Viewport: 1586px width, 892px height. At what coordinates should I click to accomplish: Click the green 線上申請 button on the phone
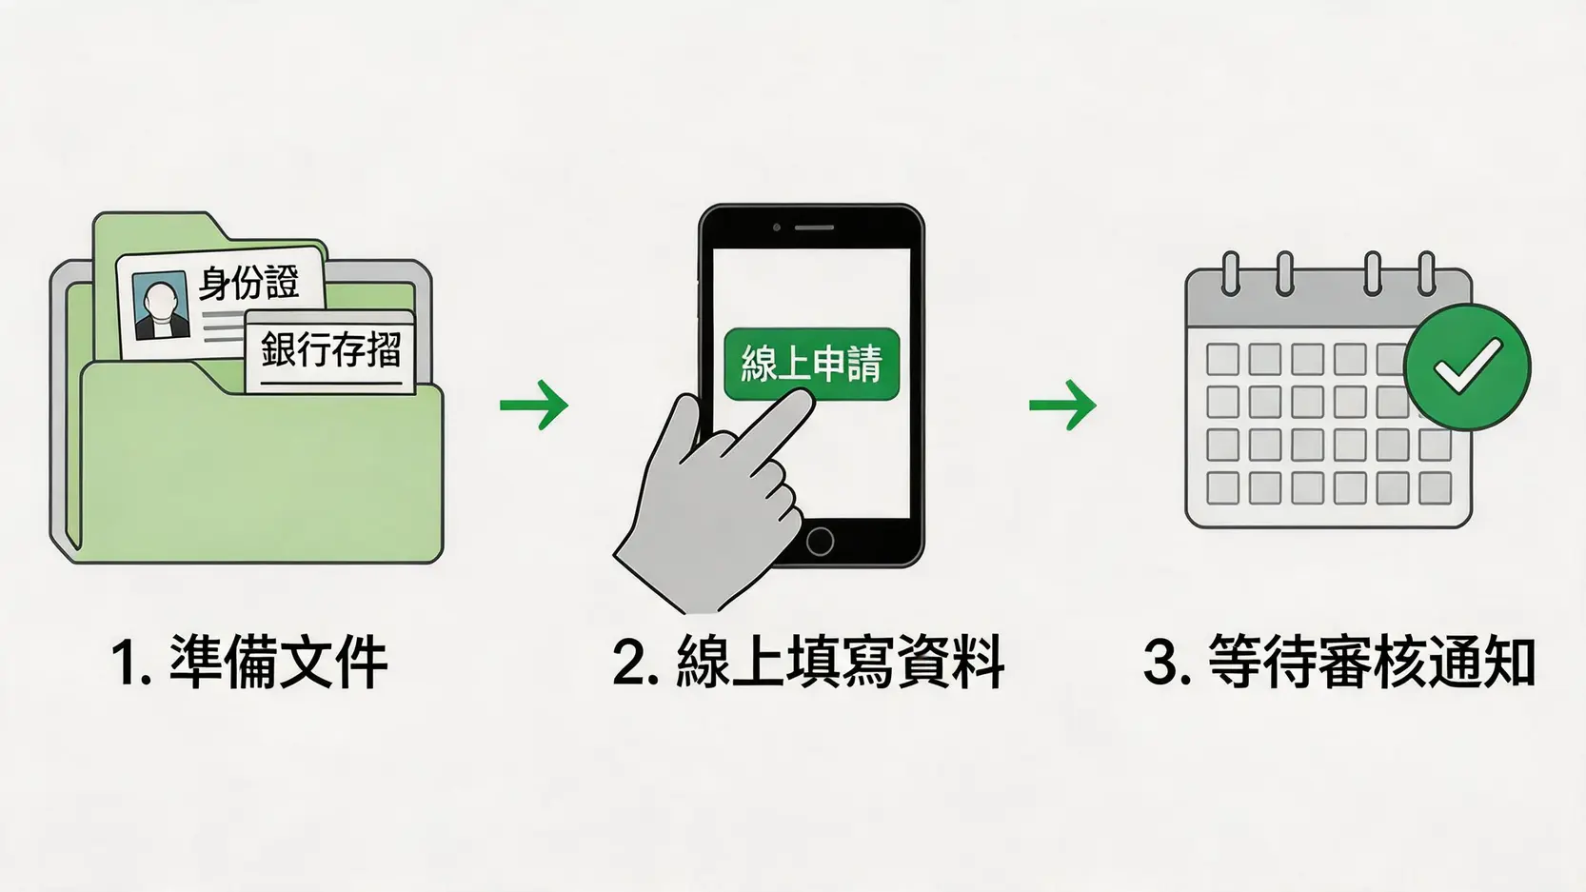[x=811, y=364]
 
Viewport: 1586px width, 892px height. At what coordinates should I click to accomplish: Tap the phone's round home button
[x=820, y=542]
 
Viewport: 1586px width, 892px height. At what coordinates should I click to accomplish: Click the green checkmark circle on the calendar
[x=1467, y=367]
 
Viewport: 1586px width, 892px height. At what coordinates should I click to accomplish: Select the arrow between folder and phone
[x=534, y=405]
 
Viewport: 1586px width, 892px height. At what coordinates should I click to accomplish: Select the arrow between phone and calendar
[x=1062, y=405]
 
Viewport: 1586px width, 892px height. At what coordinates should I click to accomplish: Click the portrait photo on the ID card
[x=160, y=306]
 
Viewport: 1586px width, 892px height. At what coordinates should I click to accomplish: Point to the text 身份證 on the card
[x=248, y=283]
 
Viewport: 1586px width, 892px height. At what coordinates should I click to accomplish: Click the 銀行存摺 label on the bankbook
[x=330, y=349]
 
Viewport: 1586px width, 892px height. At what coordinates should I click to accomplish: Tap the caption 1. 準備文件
[x=249, y=662]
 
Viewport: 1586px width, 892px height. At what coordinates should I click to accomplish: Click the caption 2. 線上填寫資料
[x=808, y=662]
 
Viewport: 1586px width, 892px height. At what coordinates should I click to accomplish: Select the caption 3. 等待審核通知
[x=1338, y=662]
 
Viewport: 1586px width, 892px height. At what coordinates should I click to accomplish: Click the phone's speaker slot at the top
[x=814, y=228]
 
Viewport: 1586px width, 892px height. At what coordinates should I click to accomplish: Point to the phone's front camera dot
[x=777, y=228]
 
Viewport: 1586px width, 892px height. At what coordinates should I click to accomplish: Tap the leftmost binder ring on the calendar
[x=1231, y=273]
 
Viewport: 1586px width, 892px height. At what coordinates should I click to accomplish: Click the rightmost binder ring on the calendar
[x=1426, y=273]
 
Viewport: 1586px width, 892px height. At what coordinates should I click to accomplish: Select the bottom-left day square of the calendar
[x=1222, y=488]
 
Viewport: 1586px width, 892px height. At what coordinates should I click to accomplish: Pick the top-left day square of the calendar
[x=1222, y=359]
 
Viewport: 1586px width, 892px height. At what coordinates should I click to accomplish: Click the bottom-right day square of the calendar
[x=1435, y=488]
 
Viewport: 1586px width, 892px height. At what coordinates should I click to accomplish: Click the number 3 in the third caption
[x=1167, y=662]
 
